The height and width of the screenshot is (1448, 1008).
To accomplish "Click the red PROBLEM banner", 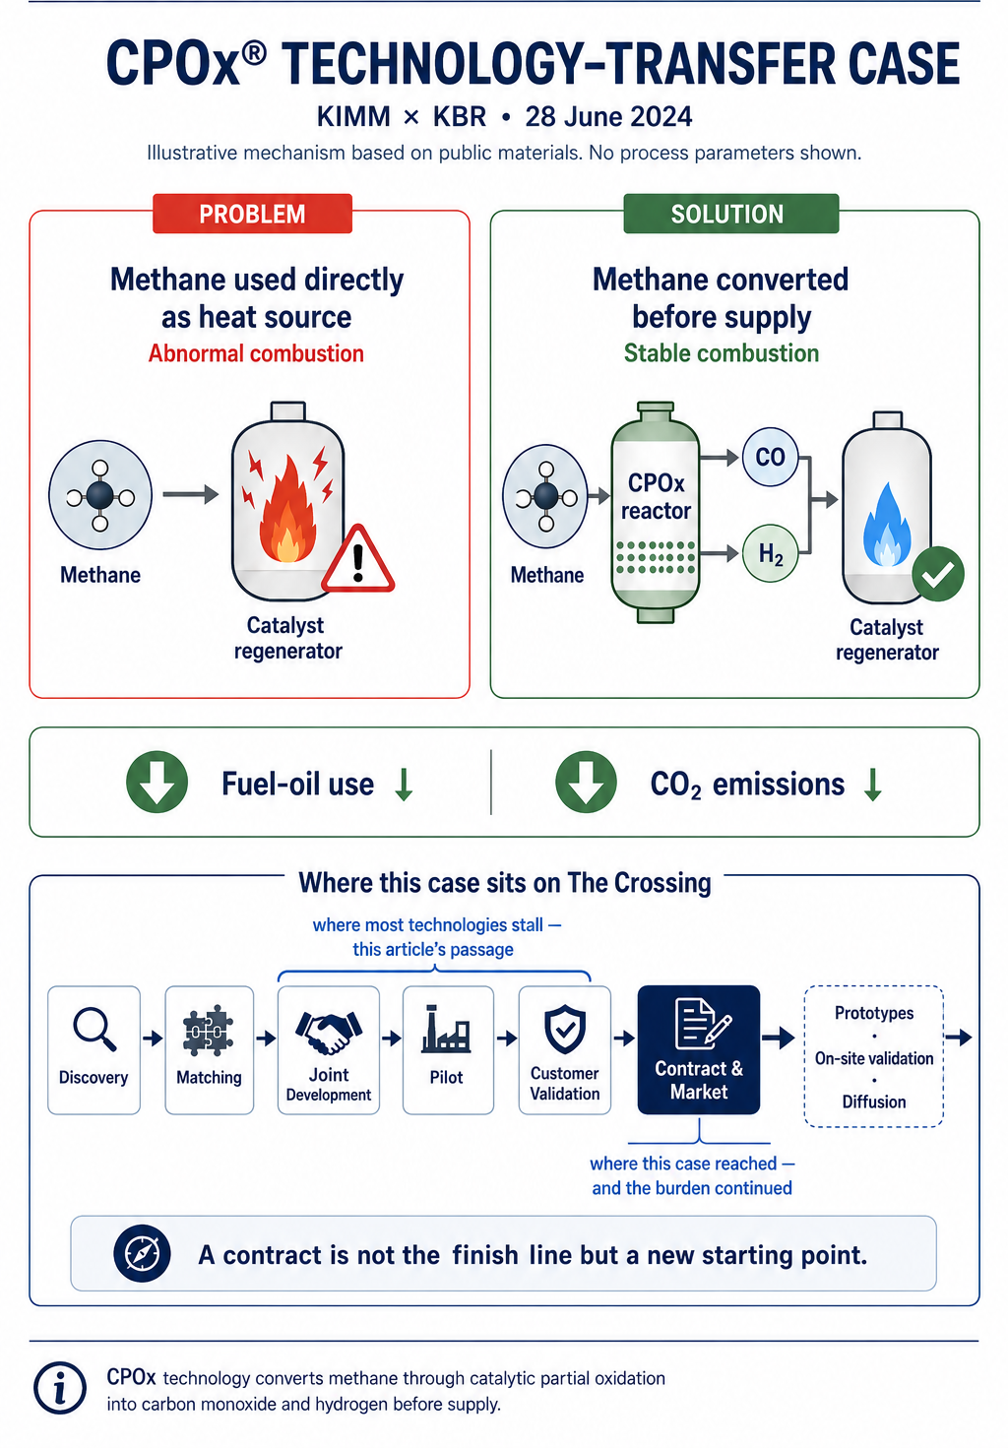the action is coord(252,214).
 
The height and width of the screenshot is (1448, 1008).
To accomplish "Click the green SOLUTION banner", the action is coord(730,214).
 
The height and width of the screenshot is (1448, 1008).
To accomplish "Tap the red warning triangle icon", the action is coord(357,560).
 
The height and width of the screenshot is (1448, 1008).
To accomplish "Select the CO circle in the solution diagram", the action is coord(770,457).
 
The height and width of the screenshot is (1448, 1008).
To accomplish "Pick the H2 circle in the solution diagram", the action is coord(770,553).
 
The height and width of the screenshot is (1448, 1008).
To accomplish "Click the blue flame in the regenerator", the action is coord(887,525).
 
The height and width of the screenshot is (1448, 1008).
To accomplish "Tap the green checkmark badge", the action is coord(937,574).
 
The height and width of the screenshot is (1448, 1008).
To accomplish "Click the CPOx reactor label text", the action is coord(656,496).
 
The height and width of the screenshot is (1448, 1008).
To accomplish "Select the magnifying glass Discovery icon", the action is coord(94,1029).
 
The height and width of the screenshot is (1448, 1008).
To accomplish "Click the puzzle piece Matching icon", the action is coord(208,1030).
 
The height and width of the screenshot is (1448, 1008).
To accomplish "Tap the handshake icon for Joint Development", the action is coord(329,1032).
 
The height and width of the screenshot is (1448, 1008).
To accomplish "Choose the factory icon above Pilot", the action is coord(446,1029).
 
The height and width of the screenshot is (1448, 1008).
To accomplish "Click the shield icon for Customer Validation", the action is coord(565,1029).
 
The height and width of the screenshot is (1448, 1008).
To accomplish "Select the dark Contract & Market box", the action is coord(698,1049).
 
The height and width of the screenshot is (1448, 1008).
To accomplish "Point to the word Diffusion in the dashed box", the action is coord(873,1102).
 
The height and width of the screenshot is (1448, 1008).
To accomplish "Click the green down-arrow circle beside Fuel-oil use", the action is coord(157,782).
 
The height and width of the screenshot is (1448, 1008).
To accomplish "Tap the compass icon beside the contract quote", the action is coord(143,1253).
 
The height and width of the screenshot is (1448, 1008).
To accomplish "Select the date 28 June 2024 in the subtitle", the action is coord(608,117).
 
